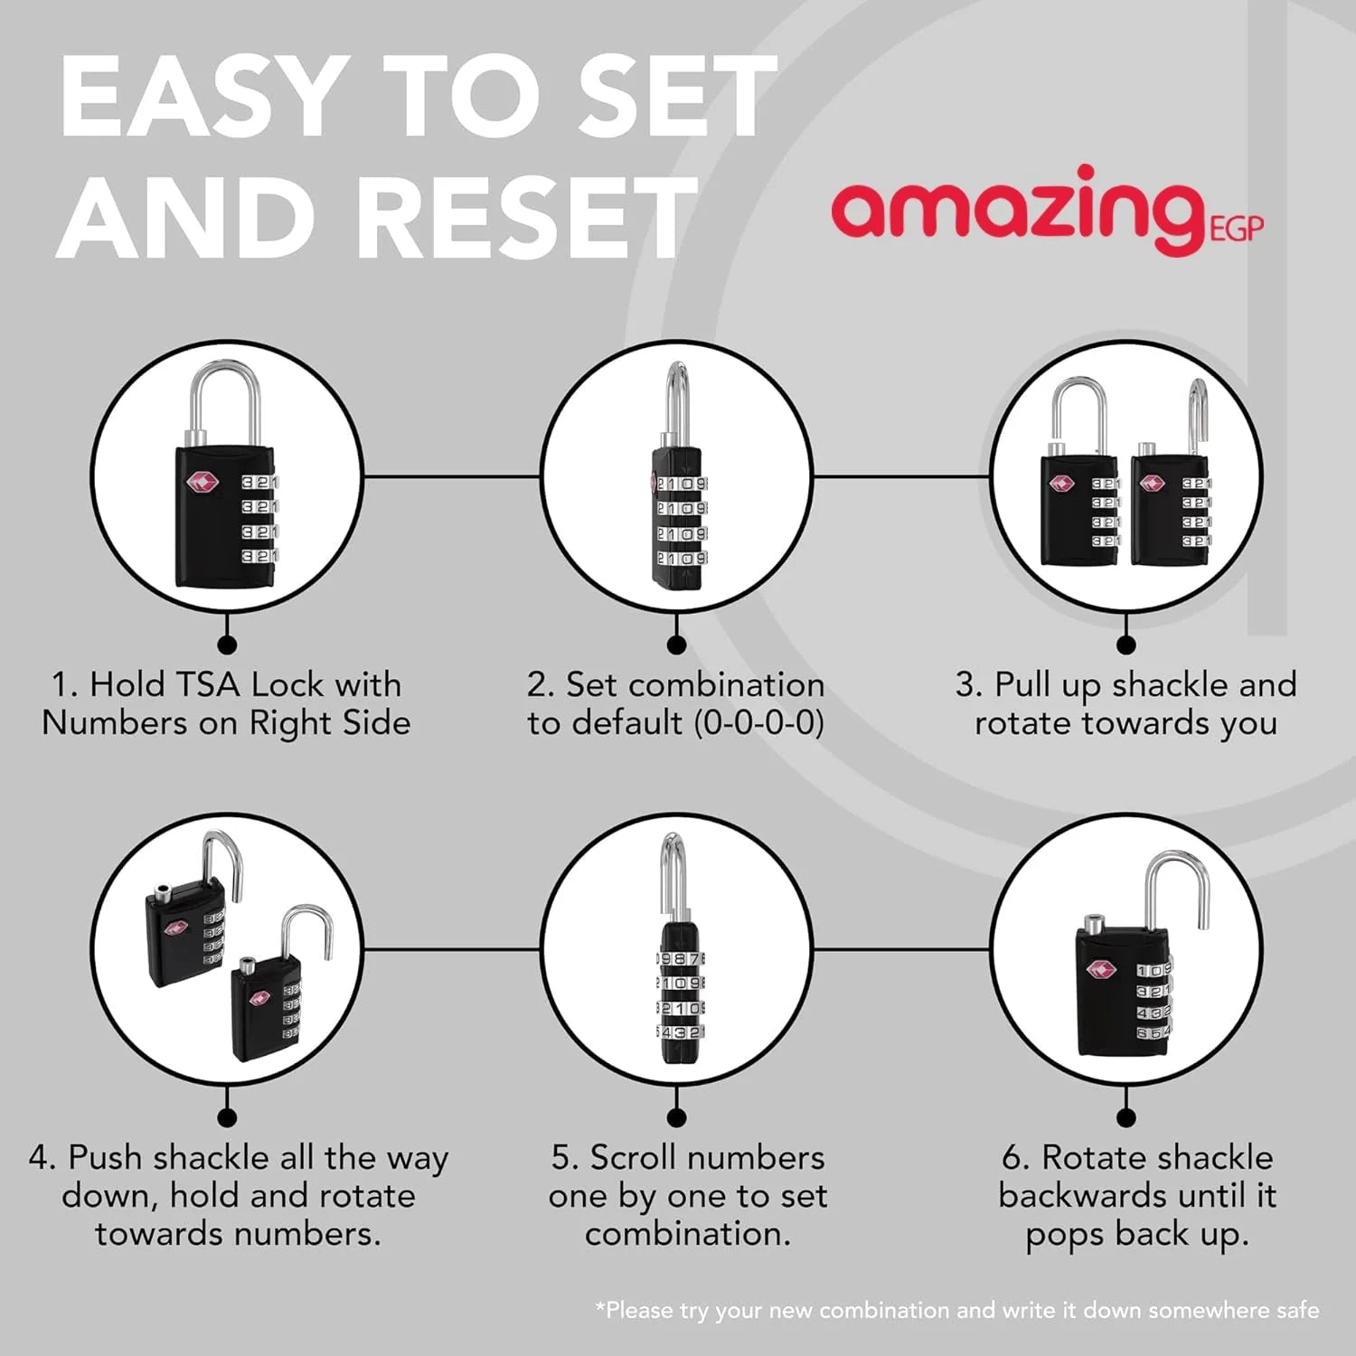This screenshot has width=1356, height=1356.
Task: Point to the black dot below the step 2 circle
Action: [676, 645]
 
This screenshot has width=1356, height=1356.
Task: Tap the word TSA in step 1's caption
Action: [209, 684]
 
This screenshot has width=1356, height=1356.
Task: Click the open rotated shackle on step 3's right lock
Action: [1199, 416]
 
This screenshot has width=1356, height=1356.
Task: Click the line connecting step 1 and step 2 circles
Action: [452, 476]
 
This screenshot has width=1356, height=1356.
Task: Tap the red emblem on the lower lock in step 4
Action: [260, 997]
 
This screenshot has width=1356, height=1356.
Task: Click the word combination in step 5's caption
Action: [687, 1234]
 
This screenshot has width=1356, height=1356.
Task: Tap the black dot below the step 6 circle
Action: [1126, 1118]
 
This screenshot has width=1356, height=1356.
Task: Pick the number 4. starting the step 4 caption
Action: [42, 1158]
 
